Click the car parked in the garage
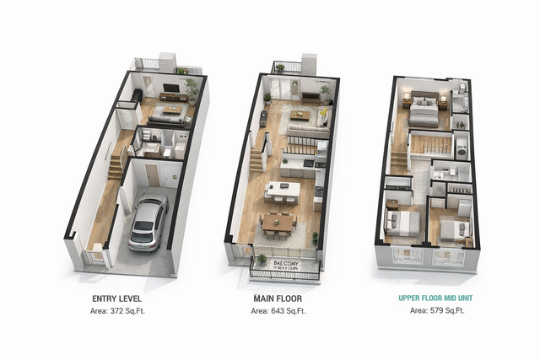click(x=147, y=223)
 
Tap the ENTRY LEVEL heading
click(x=116, y=298)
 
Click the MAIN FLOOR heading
click(x=278, y=298)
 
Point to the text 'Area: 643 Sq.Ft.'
click(x=278, y=311)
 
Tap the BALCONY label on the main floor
click(x=285, y=263)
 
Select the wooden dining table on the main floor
click(x=278, y=221)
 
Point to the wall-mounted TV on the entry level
click(x=170, y=88)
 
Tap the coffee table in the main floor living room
click(x=300, y=116)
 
